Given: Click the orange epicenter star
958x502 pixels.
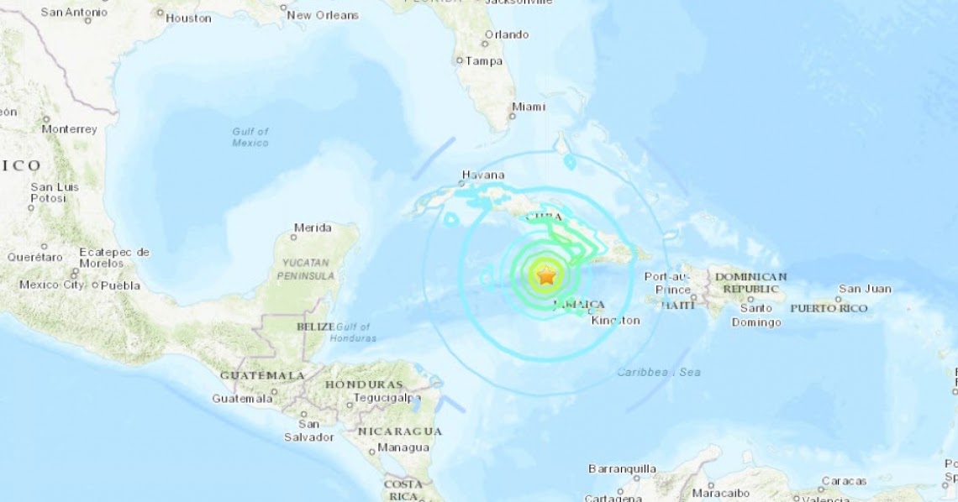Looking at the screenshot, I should (x=546, y=275).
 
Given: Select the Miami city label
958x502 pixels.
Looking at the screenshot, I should (x=528, y=107).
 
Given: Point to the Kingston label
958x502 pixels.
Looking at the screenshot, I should (x=615, y=320).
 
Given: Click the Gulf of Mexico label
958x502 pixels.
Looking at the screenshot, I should (x=250, y=137).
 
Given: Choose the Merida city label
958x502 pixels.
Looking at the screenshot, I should (x=313, y=227).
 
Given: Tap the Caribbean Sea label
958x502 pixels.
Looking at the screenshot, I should (x=658, y=372).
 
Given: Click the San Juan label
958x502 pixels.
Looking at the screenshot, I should (x=865, y=289).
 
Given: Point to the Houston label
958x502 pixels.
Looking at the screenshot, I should (x=188, y=18).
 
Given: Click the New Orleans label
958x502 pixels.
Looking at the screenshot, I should (x=323, y=15).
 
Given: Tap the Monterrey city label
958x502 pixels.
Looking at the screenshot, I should (x=69, y=129).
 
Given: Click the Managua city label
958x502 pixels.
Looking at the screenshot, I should (x=403, y=447).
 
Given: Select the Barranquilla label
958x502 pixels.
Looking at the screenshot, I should (x=621, y=468).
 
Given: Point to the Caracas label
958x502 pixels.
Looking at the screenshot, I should (x=845, y=481).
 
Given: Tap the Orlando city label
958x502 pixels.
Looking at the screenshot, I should (x=506, y=34).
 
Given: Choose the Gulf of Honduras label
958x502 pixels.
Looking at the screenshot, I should (x=356, y=332).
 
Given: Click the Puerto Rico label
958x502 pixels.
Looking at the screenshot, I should (x=829, y=308).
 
